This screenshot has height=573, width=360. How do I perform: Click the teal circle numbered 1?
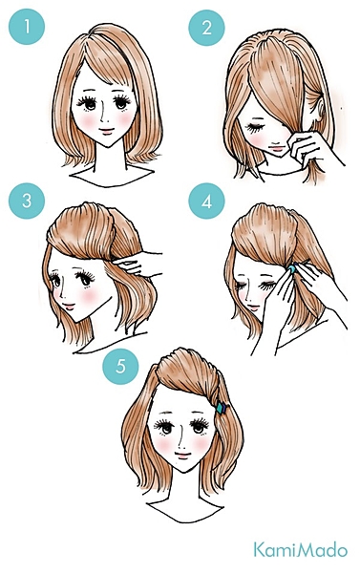pos(27,27)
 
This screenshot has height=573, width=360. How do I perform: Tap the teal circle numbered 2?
pos(206,28)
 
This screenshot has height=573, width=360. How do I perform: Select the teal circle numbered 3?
pos(27,201)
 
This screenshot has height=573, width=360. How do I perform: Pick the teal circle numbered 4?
pos(206,201)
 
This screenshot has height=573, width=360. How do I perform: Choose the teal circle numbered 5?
pos(120,366)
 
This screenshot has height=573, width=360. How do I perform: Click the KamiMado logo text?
pos(301,550)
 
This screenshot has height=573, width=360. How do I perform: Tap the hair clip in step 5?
pos(221,408)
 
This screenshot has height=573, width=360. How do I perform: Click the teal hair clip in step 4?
pos(292,269)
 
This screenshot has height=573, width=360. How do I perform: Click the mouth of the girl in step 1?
pos(106,131)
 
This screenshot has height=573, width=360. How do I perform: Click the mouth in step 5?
pos(182,456)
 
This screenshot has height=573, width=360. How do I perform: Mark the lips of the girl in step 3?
pos(69,306)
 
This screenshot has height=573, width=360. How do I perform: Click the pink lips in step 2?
pos(277,149)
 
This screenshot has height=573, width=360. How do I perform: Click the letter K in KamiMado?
pos(260,550)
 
